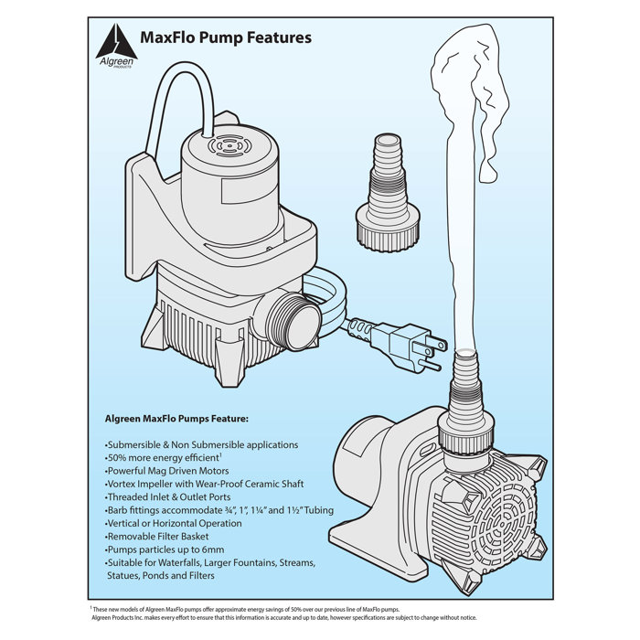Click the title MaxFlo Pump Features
[225, 38]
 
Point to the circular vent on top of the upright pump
[223, 145]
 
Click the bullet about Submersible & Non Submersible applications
[201, 444]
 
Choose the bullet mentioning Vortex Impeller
[203, 484]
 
